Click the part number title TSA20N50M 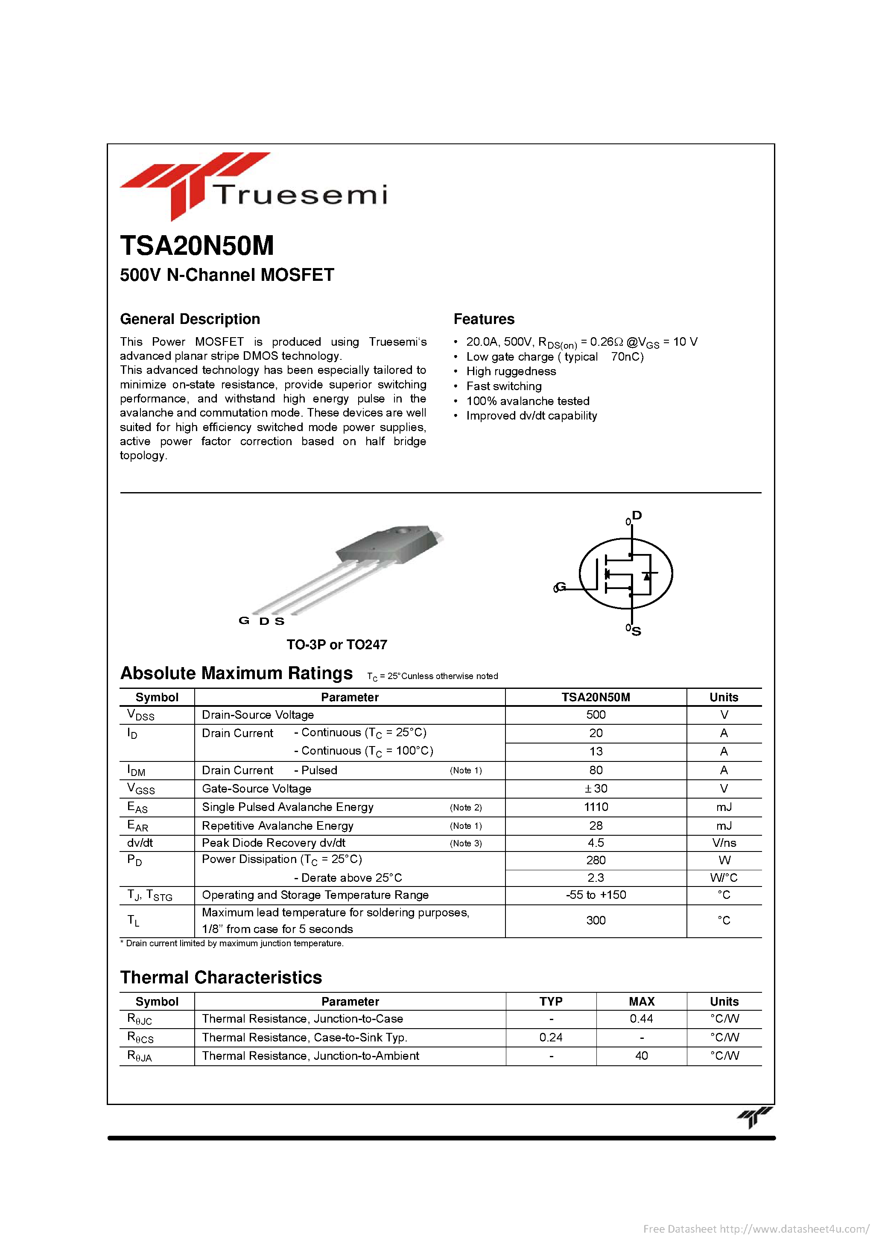coord(197,246)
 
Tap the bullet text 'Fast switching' coord(503,386)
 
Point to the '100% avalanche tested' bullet coord(528,401)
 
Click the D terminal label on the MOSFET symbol coord(637,515)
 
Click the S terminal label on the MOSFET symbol coord(636,631)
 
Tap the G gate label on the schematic coord(560,587)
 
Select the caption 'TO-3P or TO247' coord(336,644)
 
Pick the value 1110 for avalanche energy coord(596,807)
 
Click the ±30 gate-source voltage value coord(596,789)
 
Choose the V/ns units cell coord(724,843)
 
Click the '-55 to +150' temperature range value coord(596,895)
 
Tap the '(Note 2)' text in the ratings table coord(465,808)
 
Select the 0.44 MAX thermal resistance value coord(641,1019)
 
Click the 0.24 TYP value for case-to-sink coord(550,1037)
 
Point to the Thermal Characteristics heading coord(221,977)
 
